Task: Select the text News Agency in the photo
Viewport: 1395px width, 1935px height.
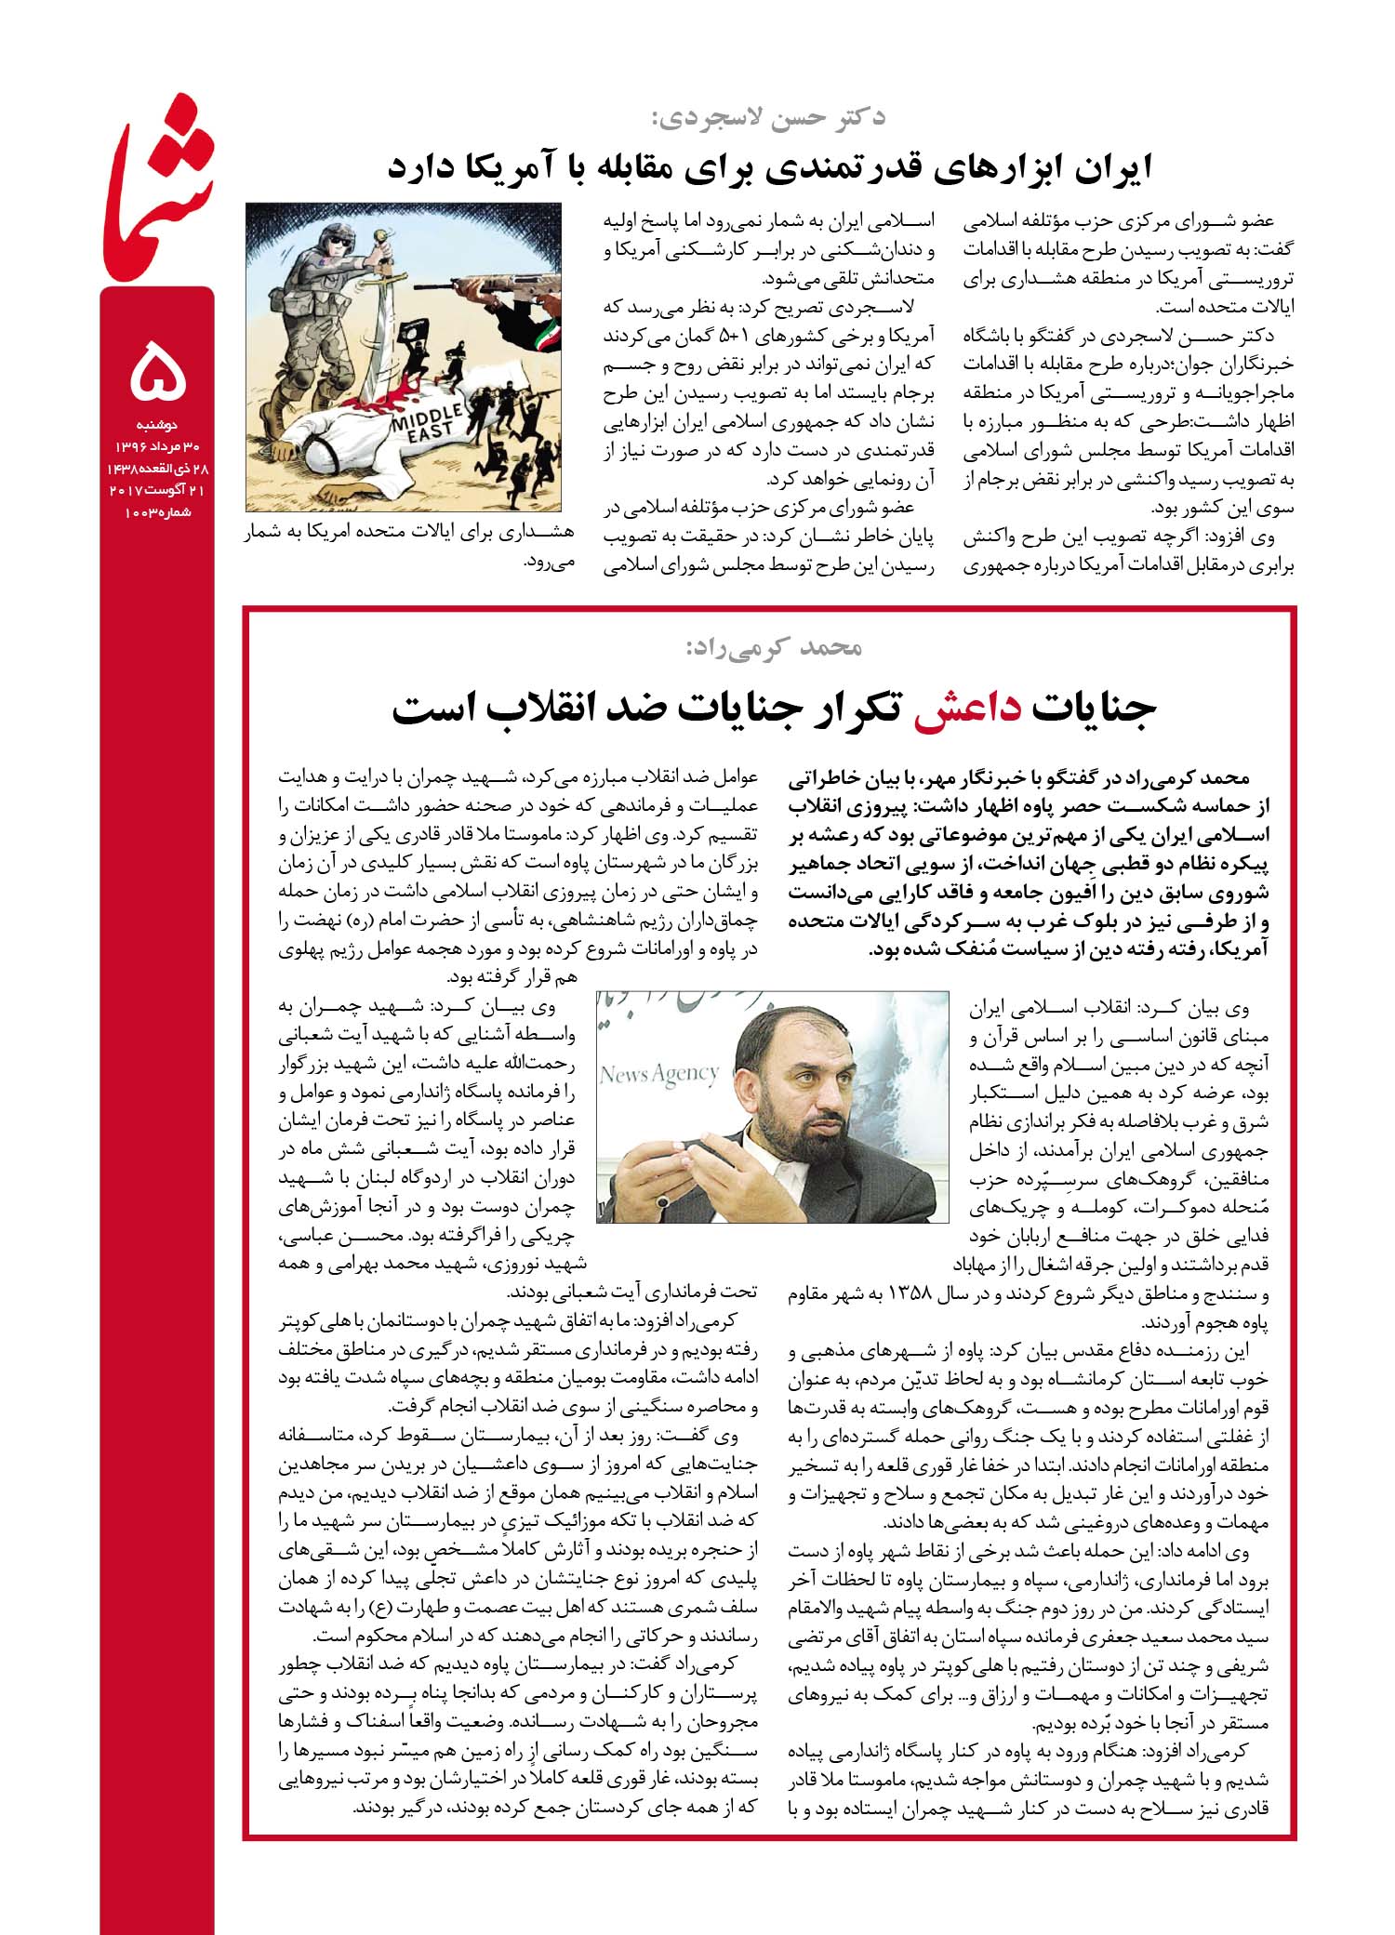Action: coord(658,1074)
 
